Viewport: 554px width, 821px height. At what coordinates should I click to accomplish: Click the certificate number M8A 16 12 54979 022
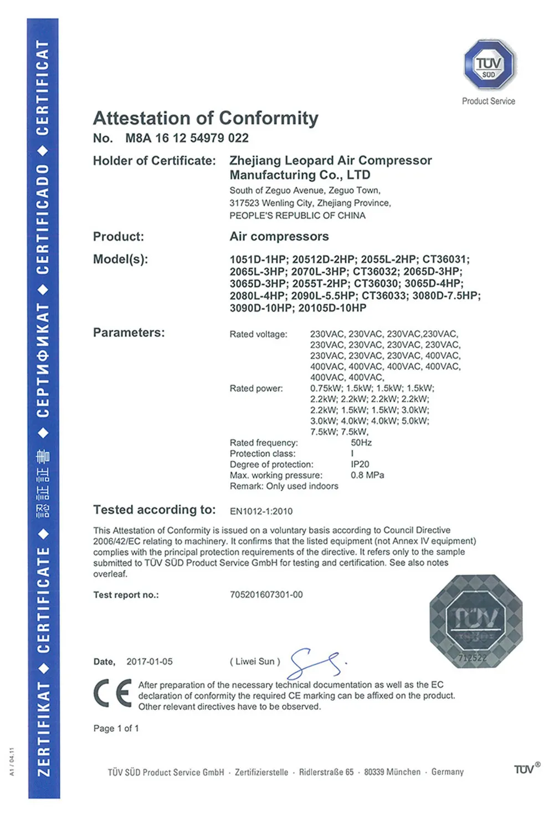187,138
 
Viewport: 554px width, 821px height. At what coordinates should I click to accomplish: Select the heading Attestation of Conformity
206,118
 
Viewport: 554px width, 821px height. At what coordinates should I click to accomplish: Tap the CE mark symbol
112,693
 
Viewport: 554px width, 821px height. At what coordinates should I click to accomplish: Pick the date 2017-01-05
150,662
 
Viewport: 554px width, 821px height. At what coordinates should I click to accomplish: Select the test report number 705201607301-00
266,595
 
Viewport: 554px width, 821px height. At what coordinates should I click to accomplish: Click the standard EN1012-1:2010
261,511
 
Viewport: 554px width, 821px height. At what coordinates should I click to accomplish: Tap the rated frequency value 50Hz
361,443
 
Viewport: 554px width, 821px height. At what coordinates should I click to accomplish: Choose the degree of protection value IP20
360,465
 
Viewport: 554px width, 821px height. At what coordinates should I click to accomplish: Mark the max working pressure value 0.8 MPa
367,475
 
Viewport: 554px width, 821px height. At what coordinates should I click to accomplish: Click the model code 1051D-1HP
259,259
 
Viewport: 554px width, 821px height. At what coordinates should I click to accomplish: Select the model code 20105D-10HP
332,308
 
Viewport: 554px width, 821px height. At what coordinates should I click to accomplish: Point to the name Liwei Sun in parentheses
255,662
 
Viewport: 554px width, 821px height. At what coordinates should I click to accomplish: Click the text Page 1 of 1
116,728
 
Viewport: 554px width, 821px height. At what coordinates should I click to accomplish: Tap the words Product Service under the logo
489,101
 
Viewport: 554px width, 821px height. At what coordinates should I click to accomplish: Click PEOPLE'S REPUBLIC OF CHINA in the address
297,216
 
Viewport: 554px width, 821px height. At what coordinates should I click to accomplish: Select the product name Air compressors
279,237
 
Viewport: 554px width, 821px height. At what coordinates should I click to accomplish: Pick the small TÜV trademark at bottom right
526,769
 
